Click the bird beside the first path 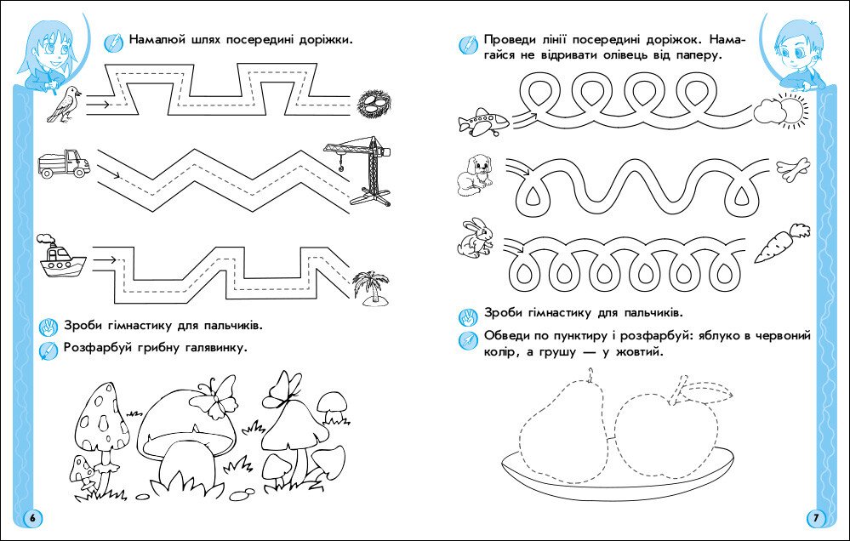point(65,102)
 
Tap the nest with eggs point(373,104)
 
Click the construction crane point(362,170)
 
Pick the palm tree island point(373,287)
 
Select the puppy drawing point(473,174)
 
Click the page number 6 point(31,517)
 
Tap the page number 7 point(815,517)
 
